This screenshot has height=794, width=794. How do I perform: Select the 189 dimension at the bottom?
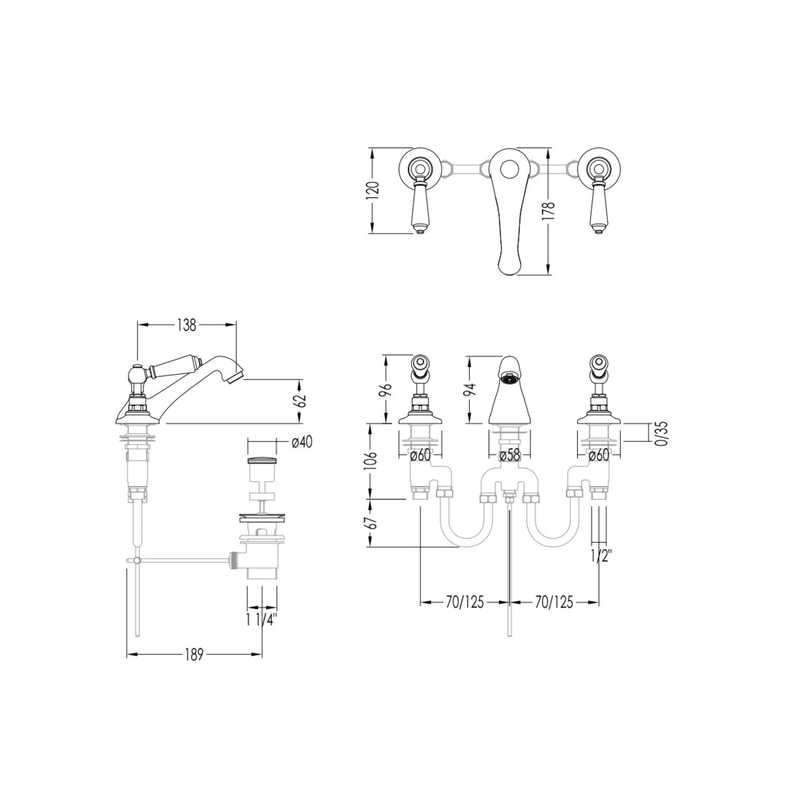[x=194, y=654]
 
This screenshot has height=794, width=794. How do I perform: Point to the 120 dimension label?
[x=373, y=191]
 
